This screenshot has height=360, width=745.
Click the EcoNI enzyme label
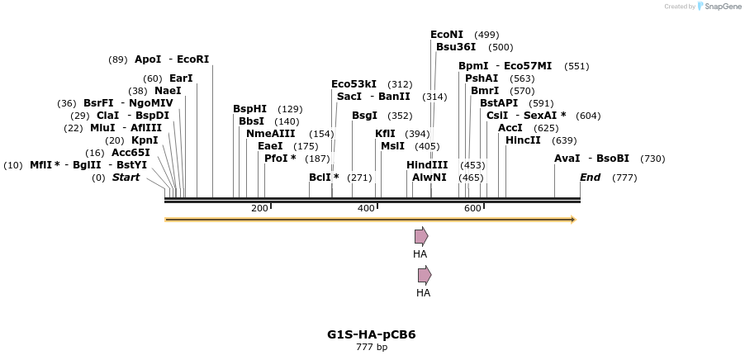coord(447,35)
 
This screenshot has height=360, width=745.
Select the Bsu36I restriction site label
coord(456,47)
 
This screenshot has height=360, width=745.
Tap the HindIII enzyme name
coord(427,165)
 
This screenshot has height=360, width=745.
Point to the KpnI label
coord(145,140)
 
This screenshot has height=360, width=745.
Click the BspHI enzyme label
coord(249,109)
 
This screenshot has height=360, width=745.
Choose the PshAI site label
coord(482,78)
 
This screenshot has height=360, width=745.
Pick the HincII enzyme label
coord(523,140)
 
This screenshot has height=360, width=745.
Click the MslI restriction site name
coord(392,146)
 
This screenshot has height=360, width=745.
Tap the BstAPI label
coord(499,103)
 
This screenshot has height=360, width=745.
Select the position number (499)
coord(487,35)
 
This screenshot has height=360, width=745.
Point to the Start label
coord(126,178)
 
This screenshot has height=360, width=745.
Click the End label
coord(590,178)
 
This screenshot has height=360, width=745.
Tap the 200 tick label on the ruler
coord(259,208)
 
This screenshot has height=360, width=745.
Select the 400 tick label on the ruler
coord(366,208)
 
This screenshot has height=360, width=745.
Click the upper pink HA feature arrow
coord(421,236)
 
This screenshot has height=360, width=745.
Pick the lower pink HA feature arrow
coord(425,275)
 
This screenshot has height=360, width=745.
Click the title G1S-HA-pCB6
coord(371,334)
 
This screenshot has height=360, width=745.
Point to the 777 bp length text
coord(371,348)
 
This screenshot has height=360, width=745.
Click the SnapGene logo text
coord(722,7)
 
